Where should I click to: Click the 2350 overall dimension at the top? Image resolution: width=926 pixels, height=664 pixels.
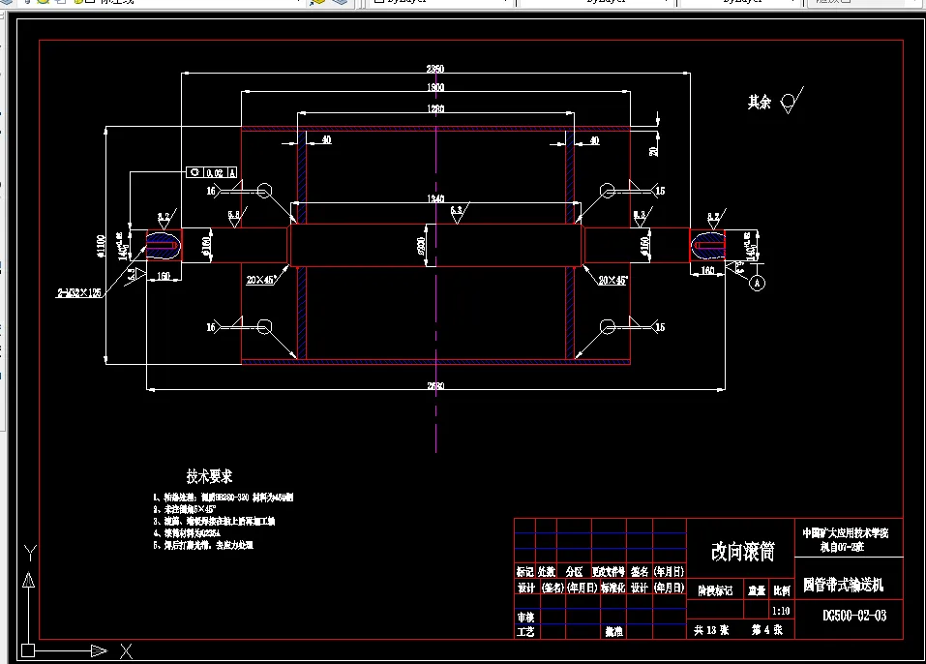click(x=435, y=69)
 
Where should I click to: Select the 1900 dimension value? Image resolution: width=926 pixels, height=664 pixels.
click(x=435, y=88)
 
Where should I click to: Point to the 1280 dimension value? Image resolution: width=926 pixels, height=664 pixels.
click(x=435, y=109)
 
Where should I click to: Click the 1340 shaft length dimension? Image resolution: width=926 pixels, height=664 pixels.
click(x=435, y=197)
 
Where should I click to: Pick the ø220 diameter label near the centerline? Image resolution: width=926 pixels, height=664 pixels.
click(x=421, y=247)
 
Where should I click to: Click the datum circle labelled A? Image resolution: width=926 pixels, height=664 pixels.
click(x=757, y=283)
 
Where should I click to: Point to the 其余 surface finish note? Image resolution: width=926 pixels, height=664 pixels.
click(x=760, y=102)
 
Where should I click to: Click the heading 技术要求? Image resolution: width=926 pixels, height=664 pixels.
click(x=209, y=476)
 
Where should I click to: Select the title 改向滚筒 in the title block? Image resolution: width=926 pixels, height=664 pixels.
click(x=743, y=551)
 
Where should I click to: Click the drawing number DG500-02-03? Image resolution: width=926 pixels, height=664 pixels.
click(x=854, y=615)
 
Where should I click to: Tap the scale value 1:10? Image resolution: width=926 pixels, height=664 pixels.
click(x=781, y=612)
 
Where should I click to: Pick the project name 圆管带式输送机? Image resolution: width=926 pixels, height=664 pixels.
click(x=843, y=587)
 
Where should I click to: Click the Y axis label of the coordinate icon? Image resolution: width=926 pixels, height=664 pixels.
click(x=30, y=553)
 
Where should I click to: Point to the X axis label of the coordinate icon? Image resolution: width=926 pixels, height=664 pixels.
click(x=124, y=649)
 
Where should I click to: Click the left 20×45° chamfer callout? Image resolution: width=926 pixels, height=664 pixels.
click(x=260, y=280)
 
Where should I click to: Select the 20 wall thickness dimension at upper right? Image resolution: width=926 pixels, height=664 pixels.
click(x=653, y=151)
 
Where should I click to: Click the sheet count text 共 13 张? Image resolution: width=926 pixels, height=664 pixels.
click(x=712, y=629)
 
